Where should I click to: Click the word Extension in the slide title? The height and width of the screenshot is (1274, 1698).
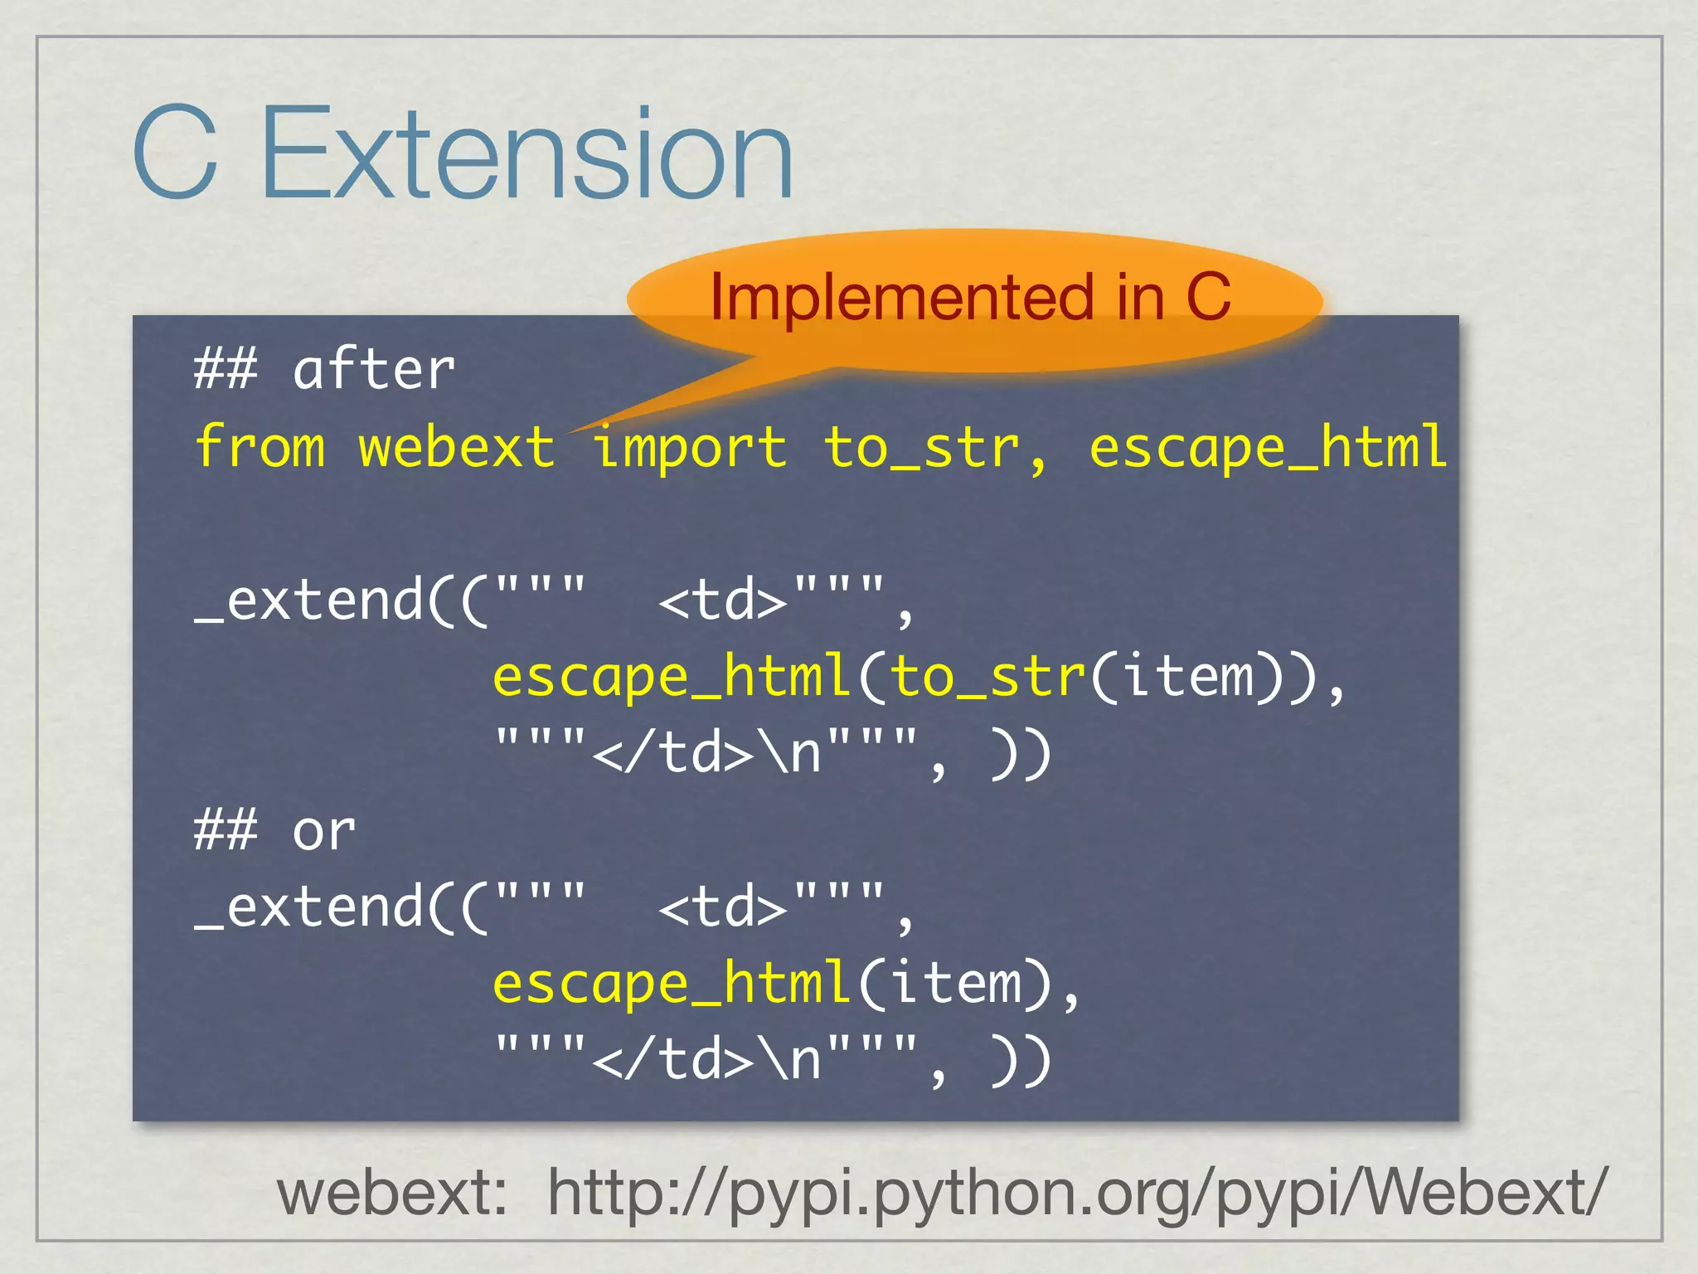pyautogui.click(x=527, y=153)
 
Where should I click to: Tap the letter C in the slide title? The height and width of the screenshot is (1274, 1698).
pyautogui.click(x=175, y=153)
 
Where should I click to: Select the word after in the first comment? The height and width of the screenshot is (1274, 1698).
pyautogui.click(x=374, y=370)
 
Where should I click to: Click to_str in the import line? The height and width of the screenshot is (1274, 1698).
pyautogui.click(x=921, y=448)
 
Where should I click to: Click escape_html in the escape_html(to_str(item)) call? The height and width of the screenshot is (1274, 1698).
pyautogui.click(x=672, y=677)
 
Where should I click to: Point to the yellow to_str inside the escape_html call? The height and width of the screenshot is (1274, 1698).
pyautogui.click(x=987, y=677)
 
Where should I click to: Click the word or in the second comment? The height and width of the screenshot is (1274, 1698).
pyautogui.click(x=324, y=831)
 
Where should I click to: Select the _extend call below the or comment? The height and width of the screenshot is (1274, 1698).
pyautogui.click(x=309, y=907)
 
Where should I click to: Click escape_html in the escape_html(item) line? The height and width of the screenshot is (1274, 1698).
pyautogui.click(x=672, y=984)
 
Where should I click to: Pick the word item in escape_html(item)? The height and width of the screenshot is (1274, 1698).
pyautogui.click(x=954, y=984)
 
